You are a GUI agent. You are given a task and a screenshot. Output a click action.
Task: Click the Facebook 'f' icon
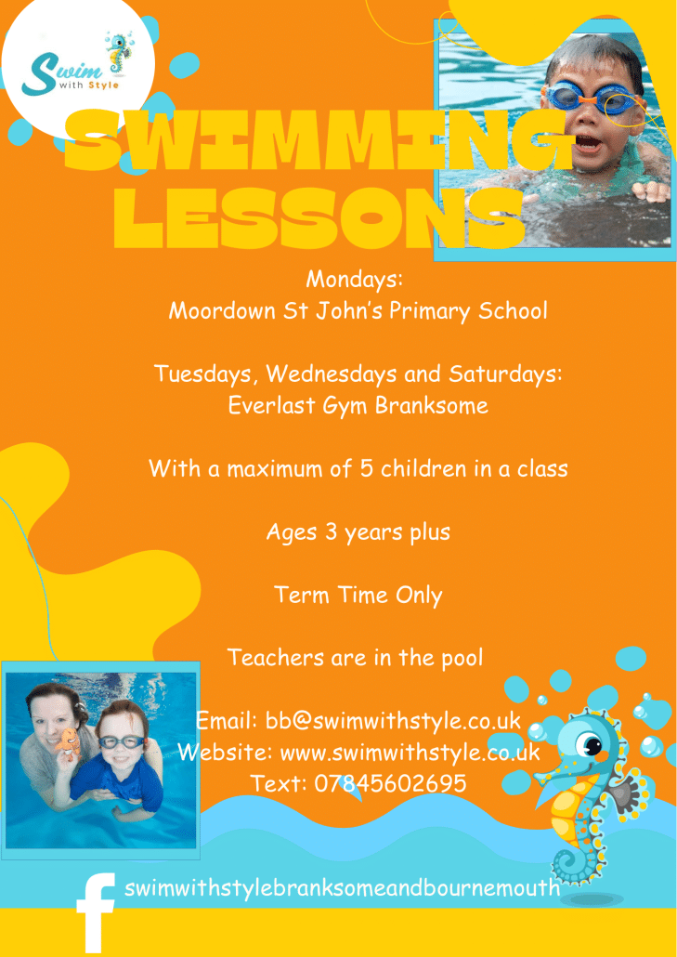pyautogui.click(x=95, y=912)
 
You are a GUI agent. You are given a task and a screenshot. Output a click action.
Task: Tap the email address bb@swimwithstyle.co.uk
pyautogui.click(x=393, y=721)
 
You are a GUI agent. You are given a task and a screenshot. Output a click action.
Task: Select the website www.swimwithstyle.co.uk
pyautogui.click(x=410, y=753)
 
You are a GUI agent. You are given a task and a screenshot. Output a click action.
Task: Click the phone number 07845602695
pyautogui.click(x=390, y=783)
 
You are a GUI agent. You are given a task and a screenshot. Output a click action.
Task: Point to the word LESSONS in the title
pyautogui.click(x=319, y=217)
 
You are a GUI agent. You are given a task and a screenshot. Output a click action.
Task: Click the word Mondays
pyautogui.click(x=354, y=280)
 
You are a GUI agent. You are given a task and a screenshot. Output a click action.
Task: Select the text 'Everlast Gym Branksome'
pyautogui.click(x=358, y=405)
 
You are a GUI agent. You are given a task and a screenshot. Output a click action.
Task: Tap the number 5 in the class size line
pyautogui.click(x=366, y=468)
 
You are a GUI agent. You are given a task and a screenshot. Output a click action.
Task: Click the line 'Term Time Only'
pyautogui.click(x=358, y=595)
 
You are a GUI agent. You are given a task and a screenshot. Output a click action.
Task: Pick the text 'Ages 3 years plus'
pyautogui.click(x=358, y=532)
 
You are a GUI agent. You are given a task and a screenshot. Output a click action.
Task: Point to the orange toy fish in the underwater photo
pyautogui.click(x=68, y=741)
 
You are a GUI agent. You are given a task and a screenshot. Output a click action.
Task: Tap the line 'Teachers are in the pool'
pyautogui.click(x=355, y=658)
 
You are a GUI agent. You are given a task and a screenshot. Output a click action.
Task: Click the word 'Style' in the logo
pyautogui.click(x=104, y=85)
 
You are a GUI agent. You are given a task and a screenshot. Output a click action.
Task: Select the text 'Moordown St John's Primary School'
pyautogui.click(x=358, y=311)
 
